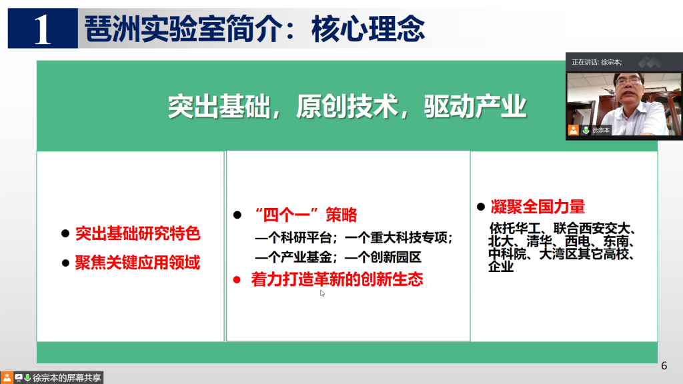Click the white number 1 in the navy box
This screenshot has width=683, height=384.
coord(42,29)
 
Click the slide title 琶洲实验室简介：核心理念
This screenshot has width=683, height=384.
coord(254,29)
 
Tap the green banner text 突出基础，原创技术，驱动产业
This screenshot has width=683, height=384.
coord(347,107)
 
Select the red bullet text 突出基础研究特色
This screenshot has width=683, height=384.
coord(137,234)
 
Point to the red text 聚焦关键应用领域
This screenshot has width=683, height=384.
coord(137,263)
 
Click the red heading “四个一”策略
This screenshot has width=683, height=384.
coord(305,215)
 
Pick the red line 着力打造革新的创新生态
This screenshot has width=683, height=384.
coord(337,279)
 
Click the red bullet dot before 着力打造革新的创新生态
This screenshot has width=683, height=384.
coord(237,280)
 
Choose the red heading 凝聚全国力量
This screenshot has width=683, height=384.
coord(538,207)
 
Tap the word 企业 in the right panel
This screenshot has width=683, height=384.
coord(501,267)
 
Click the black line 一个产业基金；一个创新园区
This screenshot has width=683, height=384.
coord(338,257)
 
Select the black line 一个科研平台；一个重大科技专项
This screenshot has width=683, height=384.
coord(354,238)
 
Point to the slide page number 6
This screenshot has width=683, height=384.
coord(664,366)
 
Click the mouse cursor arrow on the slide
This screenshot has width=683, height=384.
coord(322,293)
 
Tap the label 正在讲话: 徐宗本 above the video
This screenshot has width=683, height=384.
coord(597,62)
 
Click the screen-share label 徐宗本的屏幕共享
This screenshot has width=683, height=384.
coord(67,377)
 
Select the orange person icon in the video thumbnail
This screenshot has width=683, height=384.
coord(573,130)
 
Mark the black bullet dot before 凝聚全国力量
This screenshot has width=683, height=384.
coord(481,207)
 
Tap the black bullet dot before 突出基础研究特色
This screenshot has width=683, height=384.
coord(65,234)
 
